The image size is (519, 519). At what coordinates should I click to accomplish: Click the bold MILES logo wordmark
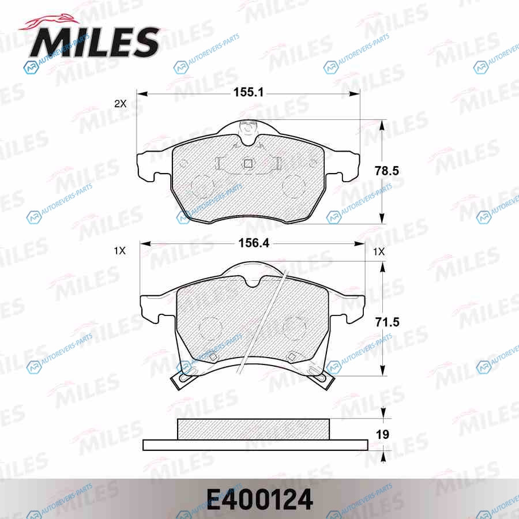point(95,42)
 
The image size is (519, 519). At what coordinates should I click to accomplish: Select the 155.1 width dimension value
point(248,92)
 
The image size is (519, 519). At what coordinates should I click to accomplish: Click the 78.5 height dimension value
point(386,171)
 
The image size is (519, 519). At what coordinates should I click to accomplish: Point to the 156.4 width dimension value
point(254,243)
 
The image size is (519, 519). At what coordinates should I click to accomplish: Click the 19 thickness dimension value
point(383,434)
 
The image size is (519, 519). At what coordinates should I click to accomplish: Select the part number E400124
point(260,499)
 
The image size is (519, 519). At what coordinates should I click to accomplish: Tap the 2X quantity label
point(121,104)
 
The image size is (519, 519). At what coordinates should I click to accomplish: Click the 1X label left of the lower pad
point(120,251)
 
